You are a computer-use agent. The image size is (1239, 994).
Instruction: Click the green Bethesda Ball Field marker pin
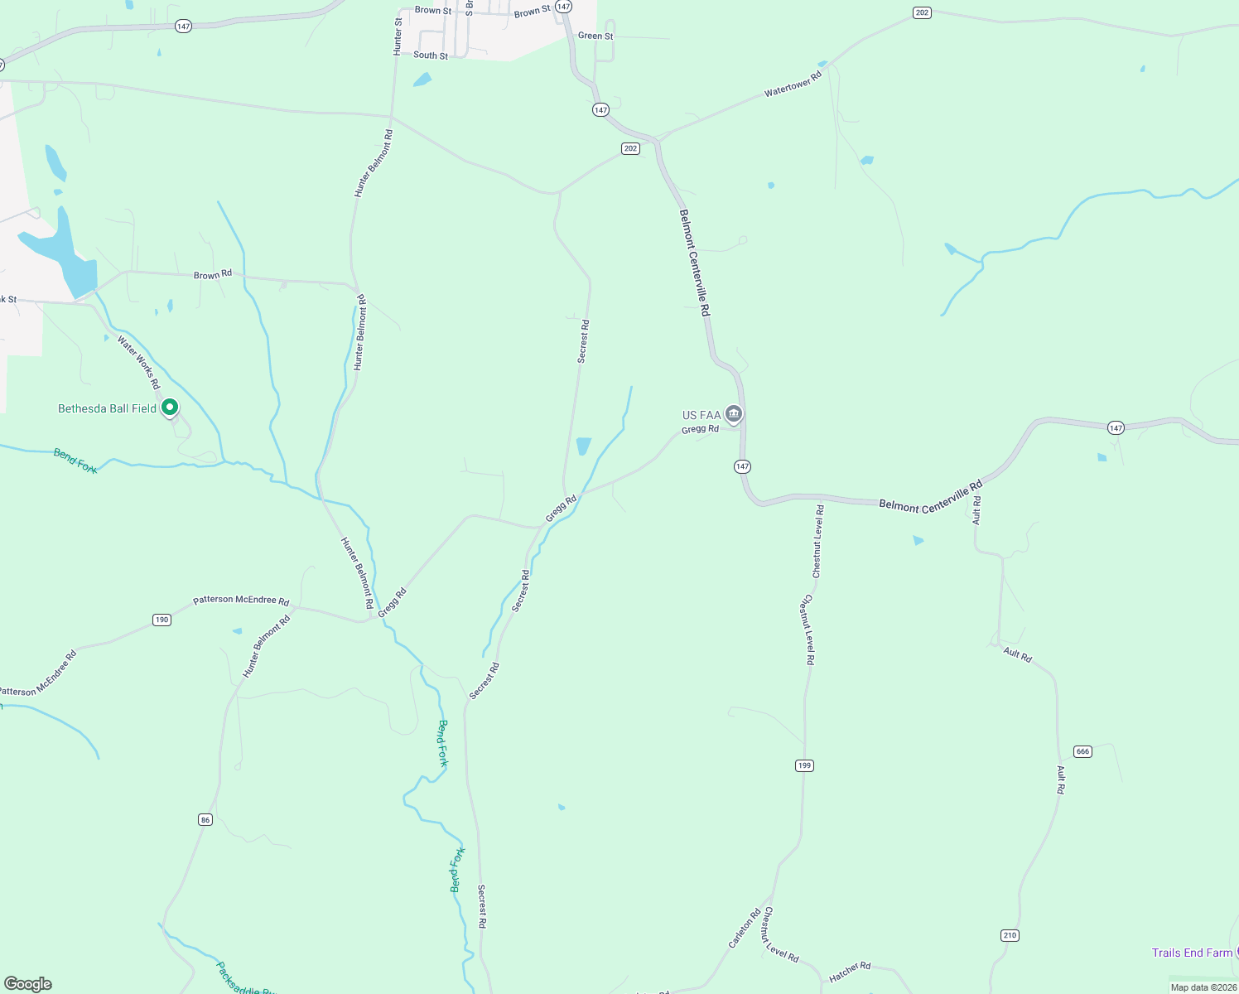pos(170,408)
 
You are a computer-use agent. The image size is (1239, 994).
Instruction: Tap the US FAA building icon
pos(733,413)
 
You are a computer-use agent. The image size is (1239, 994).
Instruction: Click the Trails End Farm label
pos(1192,953)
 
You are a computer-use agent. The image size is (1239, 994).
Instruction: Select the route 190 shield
pos(162,620)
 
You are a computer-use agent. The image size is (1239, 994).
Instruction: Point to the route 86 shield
pos(205,819)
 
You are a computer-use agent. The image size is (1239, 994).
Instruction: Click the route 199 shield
pos(804,765)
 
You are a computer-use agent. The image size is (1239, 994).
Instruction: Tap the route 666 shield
pos(1082,751)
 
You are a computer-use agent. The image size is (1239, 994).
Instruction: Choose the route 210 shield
pos(1009,935)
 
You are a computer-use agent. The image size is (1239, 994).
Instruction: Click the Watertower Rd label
pos(793,84)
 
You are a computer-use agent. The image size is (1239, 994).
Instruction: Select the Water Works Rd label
pos(138,361)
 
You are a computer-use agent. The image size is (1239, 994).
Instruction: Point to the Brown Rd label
pos(213,275)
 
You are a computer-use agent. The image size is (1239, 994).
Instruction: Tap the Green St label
pos(595,36)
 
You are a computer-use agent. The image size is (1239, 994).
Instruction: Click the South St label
pos(431,55)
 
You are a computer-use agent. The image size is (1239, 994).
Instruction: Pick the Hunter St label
pos(398,37)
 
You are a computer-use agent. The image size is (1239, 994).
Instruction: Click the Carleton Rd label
pos(745,929)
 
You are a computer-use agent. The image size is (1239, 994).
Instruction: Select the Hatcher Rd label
pos(850,972)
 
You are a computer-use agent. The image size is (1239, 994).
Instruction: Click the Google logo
pos(28,984)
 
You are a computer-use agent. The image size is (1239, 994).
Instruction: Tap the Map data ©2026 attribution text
pos(1203,987)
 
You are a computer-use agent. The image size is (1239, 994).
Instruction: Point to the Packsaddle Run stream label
pos(244,980)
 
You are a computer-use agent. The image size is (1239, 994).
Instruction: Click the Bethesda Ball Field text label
pos(107,408)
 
